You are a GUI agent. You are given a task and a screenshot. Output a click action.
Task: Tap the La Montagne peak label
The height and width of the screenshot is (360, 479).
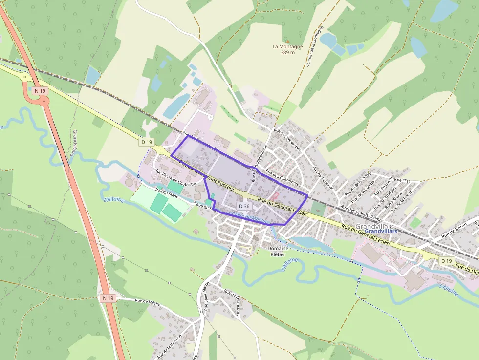288,47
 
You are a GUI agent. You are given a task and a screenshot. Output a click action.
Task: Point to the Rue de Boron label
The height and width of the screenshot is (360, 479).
455,230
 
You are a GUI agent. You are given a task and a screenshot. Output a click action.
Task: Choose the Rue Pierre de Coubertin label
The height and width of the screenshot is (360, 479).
175,177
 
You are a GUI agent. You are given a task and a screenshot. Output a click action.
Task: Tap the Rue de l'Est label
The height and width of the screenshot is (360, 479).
400,181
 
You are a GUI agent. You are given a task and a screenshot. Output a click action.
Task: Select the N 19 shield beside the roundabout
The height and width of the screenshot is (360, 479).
40,90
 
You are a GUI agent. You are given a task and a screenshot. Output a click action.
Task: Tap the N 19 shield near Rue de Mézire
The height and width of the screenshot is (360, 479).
108,297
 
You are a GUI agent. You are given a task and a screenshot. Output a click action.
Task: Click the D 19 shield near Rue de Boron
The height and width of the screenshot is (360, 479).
446,261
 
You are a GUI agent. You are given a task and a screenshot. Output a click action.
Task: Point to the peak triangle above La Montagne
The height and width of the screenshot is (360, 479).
288,41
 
